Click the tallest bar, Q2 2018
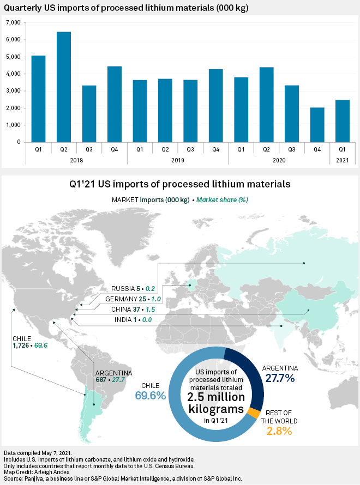64,87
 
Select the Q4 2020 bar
317,125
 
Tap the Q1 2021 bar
343,121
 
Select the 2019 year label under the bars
178,160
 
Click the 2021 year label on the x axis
343,160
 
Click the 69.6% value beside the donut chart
150,396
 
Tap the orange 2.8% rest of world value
279,431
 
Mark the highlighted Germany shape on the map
190,284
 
